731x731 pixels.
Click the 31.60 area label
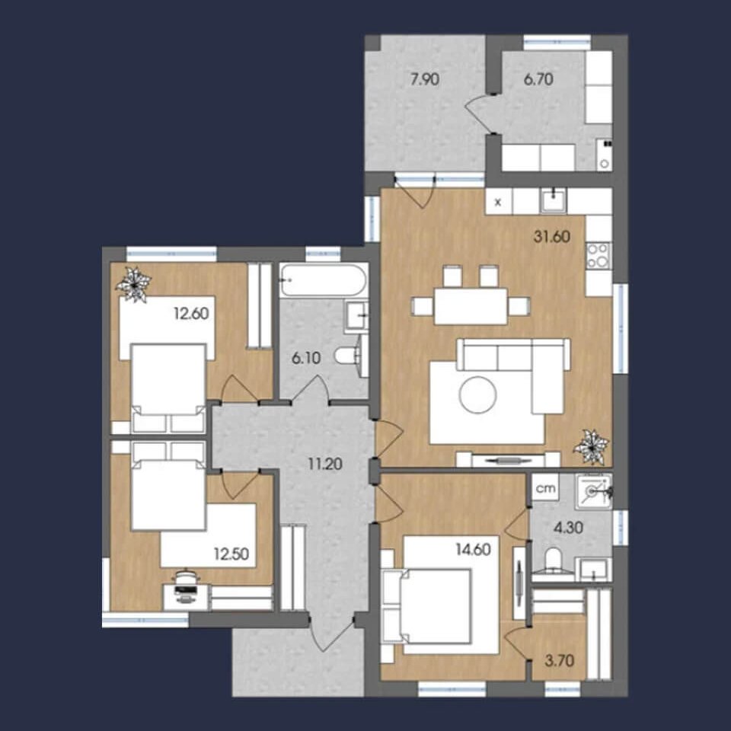tap(551, 237)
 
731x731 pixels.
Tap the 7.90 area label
tap(424, 80)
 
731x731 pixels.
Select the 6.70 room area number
tap(538, 79)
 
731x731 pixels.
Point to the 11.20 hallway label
tap(325, 464)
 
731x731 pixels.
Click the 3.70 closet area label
tap(560, 661)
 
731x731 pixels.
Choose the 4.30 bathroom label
tap(568, 528)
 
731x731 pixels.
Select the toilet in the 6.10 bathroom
tap(346, 356)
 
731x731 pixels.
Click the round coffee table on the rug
tap(477, 395)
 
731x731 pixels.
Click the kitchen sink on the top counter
tap(554, 200)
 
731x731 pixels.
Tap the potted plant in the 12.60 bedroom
tap(134, 284)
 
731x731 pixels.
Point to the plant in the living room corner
tap(592, 447)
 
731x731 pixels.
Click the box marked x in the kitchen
tap(498, 201)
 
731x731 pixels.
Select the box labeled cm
tap(545, 487)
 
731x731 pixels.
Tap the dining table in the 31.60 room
tap(471, 306)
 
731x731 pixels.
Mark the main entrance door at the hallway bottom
tap(331, 635)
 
